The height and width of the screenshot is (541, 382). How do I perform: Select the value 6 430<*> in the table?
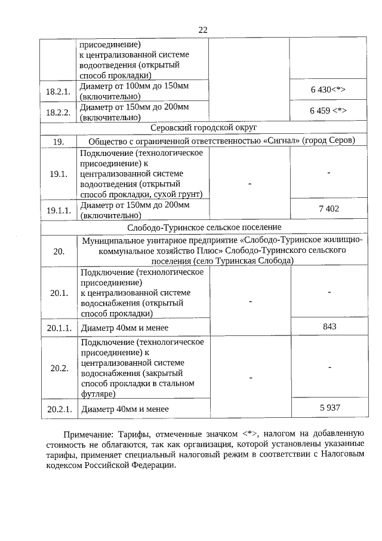tap(328, 90)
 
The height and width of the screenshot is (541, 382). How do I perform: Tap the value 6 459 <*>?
tap(328, 111)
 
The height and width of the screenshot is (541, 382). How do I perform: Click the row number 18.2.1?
tap(58, 91)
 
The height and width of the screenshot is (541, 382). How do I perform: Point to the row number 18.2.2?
tap(58, 112)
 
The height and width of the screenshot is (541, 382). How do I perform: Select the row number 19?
tap(58, 141)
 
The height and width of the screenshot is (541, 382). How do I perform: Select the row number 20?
tap(58, 251)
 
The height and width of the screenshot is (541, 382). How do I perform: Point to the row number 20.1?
tap(58, 293)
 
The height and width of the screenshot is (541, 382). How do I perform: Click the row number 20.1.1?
tap(58, 328)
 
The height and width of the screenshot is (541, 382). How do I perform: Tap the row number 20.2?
tap(58, 368)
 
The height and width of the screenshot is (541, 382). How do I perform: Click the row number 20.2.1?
tap(58, 409)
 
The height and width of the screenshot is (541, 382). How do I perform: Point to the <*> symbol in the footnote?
tap(249, 433)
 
